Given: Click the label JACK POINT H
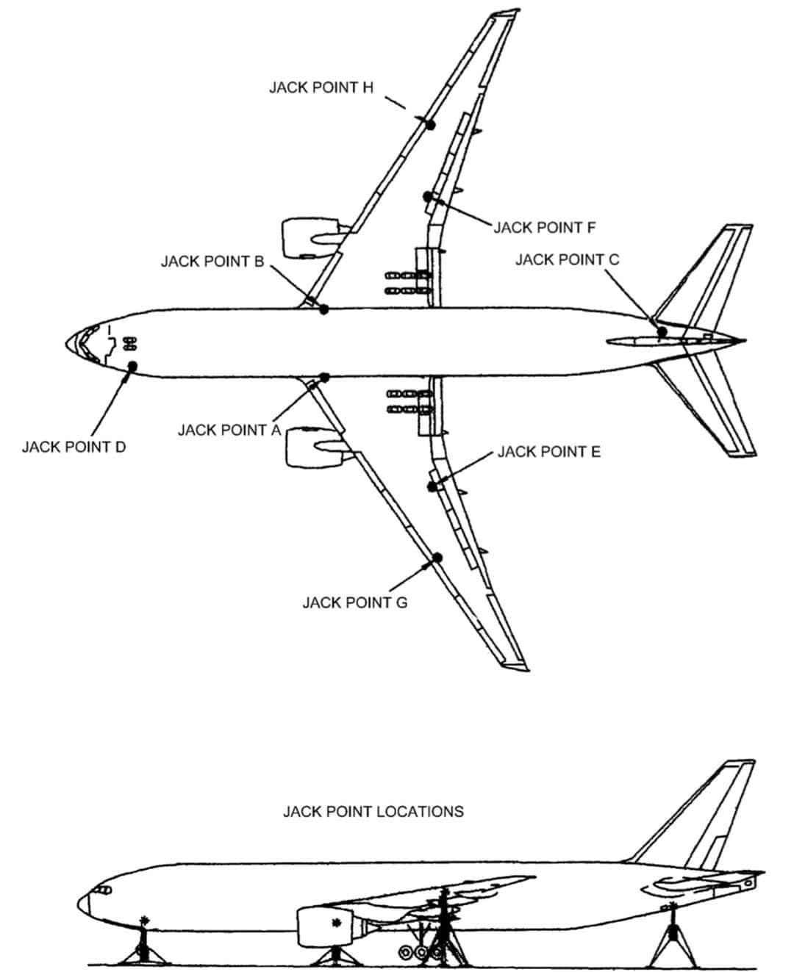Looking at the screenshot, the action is pos(321,87).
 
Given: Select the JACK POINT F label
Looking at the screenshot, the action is pos(545,227).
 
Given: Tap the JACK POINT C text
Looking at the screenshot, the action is pos(567,259).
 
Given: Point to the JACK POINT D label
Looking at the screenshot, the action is pos(74,447).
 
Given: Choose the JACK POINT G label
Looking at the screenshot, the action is pos(355,602).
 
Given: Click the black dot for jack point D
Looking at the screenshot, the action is pos(132,366).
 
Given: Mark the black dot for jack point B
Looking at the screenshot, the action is pos(324,309).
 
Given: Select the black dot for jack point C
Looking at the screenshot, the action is pos(662,331).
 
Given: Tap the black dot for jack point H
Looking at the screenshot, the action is pos(430,124).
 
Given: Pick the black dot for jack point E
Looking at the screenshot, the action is pos(432,486).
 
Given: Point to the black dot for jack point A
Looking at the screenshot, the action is pos(325,378).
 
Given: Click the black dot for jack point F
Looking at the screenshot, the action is pos(428,196).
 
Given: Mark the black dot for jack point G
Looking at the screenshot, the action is pos(437,558).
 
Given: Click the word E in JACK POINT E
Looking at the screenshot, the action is pos(595,451).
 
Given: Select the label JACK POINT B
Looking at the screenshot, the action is pos(212,262).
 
